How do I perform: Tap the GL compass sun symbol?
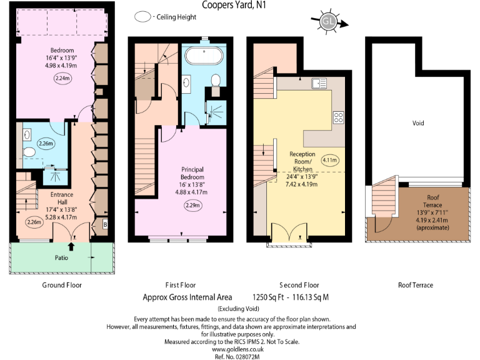(328, 22)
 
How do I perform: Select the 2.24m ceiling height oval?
(63, 79)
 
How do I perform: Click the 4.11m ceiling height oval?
(330, 159)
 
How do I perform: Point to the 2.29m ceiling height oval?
(193, 205)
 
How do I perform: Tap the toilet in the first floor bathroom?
(216, 80)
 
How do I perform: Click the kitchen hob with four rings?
(338, 117)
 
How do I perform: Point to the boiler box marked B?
(105, 223)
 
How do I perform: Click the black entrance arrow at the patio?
(70, 247)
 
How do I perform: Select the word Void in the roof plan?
(418, 123)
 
